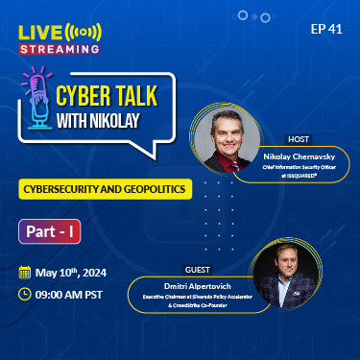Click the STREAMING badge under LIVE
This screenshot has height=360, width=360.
pos(60,46)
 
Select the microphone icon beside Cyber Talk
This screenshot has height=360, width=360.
pos(37,103)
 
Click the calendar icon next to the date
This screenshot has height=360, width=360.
pos(25,272)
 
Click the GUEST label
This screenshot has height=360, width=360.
pos(197,270)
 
